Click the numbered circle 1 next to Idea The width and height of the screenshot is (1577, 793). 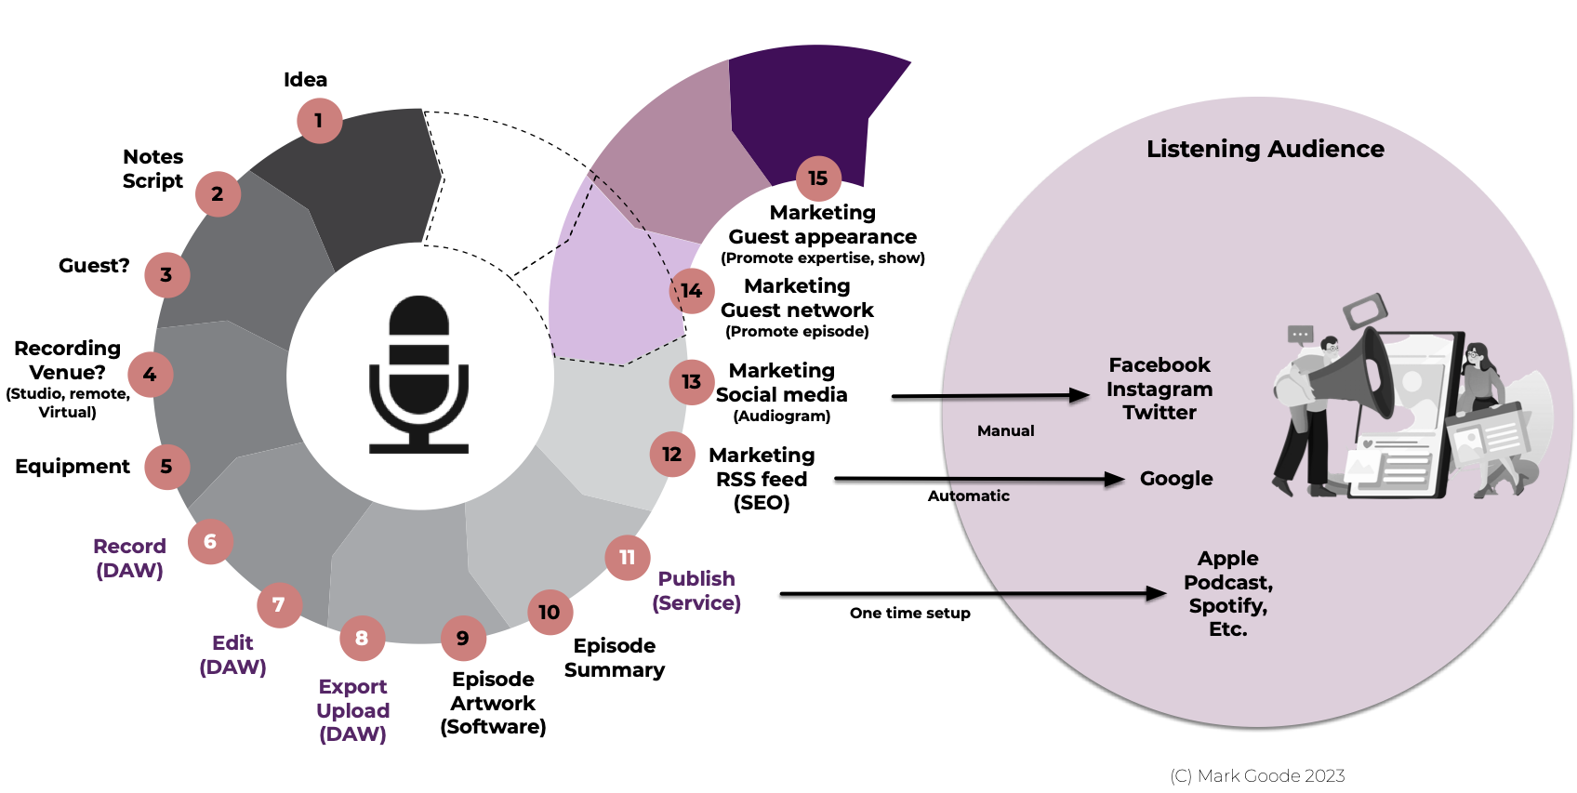pyautogui.click(x=319, y=121)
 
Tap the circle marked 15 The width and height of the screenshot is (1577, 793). pyautogui.click(x=818, y=178)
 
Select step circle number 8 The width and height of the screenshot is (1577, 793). pyautogui.click(x=362, y=639)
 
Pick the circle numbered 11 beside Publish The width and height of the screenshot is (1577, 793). pyautogui.click(x=628, y=558)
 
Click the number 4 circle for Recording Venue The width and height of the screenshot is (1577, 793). pyautogui.click(x=150, y=375)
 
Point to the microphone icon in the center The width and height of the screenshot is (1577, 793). pyautogui.click(x=419, y=374)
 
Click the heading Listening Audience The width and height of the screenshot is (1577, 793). pyautogui.click(x=1265, y=149)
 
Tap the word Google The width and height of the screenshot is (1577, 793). pyautogui.click(x=1176, y=479)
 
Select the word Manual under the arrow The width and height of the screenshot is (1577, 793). pyautogui.click(x=1005, y=431)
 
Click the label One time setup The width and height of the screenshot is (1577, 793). pyautogui.click(x=909, y=614)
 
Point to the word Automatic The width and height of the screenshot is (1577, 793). pyautogui.click(x=968, y=496)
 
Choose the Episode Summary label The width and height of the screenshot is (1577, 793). pyautogui.click(x=615, y=658)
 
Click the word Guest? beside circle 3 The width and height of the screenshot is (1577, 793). pyautogui.click(x=94, y=266)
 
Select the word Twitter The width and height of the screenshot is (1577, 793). pyautogui.click(x=1160, y=413)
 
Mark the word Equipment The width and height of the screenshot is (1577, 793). pyautogui.click(x=73, y=467)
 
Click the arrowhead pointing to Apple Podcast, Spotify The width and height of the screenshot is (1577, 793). pyautogui.click(x=1157, y=593)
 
